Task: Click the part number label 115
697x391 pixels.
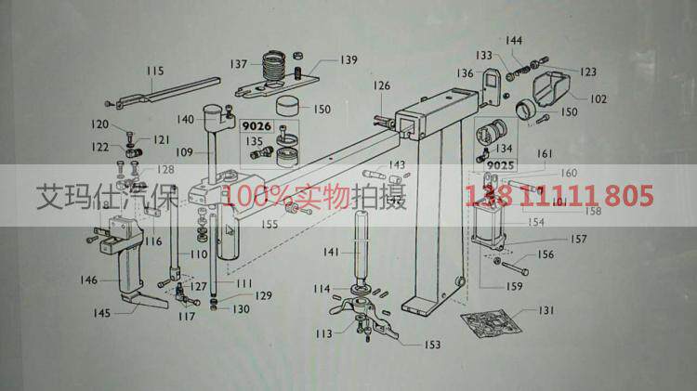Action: point(155,71)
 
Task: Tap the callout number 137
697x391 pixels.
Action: point(240,64)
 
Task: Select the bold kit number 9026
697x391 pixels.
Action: point(256,125)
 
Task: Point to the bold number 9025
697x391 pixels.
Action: point(500,164)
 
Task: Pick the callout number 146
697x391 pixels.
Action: point(88,280)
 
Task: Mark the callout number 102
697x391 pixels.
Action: point(598,98)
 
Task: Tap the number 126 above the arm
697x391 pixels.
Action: point(383,86)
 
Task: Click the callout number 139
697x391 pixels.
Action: point(348,60)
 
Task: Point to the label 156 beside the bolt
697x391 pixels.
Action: point(546,254)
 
